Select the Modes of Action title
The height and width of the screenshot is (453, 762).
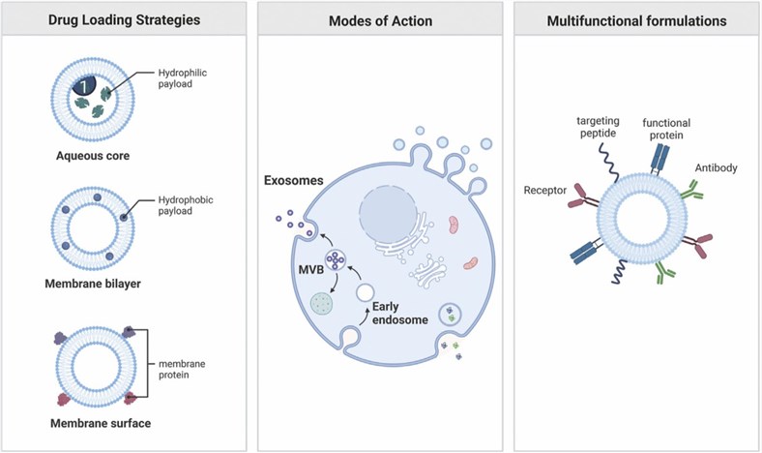380,20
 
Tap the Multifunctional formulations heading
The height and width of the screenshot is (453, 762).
635,20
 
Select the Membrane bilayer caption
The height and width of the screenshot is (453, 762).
93,284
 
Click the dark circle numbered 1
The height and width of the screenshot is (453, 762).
84,87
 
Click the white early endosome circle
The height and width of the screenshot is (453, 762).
365,290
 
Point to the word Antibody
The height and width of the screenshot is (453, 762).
717,167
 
